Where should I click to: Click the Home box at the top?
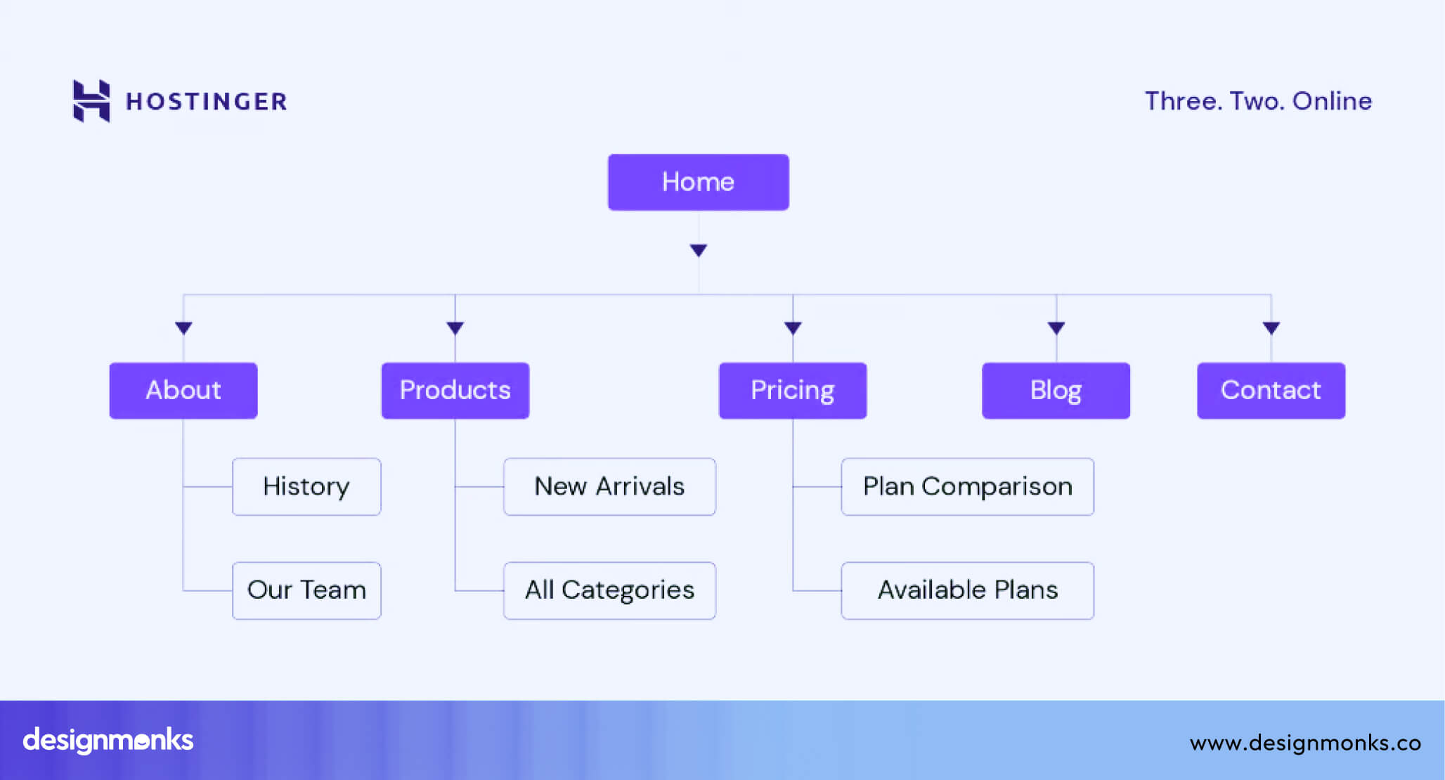[x=698, y=182]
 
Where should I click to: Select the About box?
[x=183, y=391]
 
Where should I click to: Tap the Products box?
[x=455, y=391]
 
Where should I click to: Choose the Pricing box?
[x=792, y=391]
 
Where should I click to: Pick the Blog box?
[x=1056, y=391]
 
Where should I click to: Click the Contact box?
[x=1271, y=391]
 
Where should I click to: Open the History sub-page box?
[x=306, y=487]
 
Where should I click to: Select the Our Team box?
[x=306, y=590]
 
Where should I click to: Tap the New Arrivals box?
[x=609, y=487]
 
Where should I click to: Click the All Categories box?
[x=609, y=590]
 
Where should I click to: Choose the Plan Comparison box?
[x=967, y=487]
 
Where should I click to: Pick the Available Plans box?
[x=967, y=590]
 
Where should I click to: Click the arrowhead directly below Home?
[x=698, y=250]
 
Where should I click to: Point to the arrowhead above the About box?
[x=183, y=327]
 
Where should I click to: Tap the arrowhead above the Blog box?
[x=1056, y=327]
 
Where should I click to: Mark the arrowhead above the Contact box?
[x=1271, y=327]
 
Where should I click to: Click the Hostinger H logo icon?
[x=91, y=101]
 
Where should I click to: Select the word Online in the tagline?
[x=1332, y=101]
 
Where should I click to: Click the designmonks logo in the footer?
[x=108, y=741]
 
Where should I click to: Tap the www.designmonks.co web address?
[x=1305, y=743]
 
